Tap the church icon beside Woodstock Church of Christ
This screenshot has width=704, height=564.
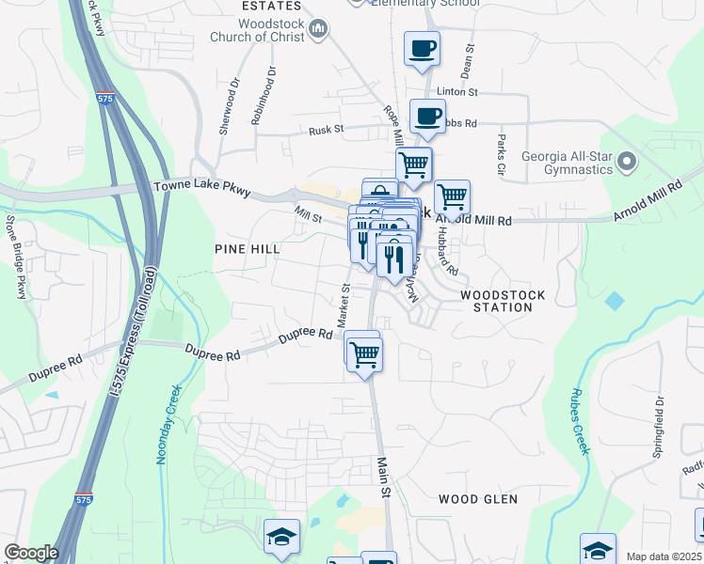click(x=318, y=30)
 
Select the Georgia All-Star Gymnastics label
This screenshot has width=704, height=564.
click(x=579, y=163)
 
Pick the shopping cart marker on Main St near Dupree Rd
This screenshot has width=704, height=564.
click(x=364, y=354)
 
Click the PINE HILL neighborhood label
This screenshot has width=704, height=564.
click(x=248, y=248)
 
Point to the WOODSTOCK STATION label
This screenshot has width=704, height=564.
click(x=503, y=301)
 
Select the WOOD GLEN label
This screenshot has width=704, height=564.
click(x=477, y=499)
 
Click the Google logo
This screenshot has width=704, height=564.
click(x=31, y=553)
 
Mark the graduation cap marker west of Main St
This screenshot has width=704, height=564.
click(x=281, y=537)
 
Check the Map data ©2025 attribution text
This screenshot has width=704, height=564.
click(x=664, y=556)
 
